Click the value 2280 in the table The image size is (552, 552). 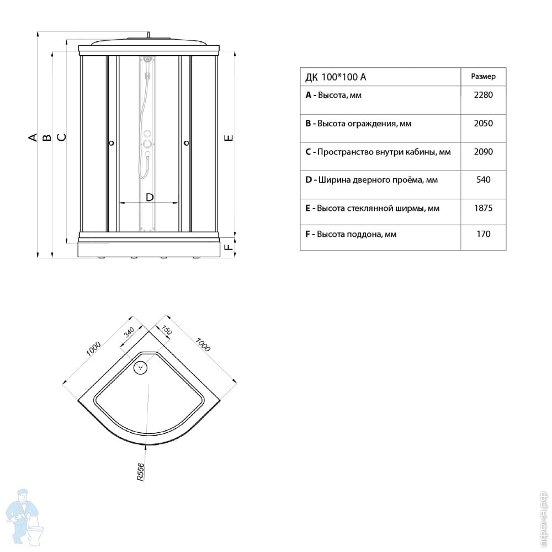pos(483,95)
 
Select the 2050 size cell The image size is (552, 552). pos(483,124)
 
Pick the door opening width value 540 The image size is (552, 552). pos(483,179)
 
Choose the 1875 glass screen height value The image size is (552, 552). pos(483,208)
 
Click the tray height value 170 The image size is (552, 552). pos(483,234)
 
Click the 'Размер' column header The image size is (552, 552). pos(483,77)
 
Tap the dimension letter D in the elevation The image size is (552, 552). pos(149,197)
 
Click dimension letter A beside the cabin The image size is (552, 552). pos(34,137)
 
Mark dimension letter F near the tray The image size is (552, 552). pos(229,246)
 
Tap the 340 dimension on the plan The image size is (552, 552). pos(129,332)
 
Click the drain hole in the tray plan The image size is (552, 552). pos(141,367)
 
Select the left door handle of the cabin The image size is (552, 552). pos(112,143)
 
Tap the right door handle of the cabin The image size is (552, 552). pos(186,143)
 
